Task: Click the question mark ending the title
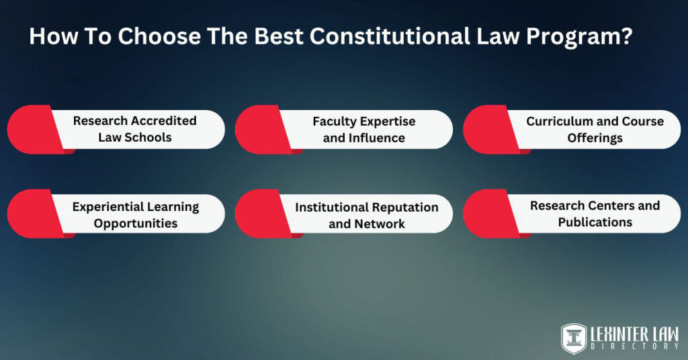coord(627,36)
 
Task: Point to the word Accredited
coord(164,121)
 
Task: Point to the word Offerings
coord(595,138)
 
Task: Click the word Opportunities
coord(136,223)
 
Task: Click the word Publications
coord(595,222)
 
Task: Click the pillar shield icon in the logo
coord(574,339)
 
